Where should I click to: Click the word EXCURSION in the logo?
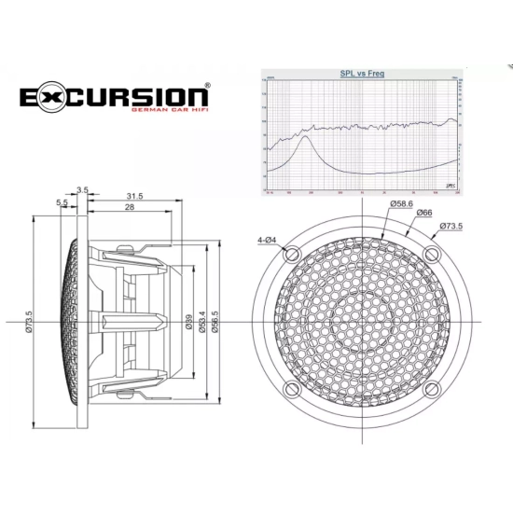coord(114,96)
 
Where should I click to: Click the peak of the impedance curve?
coord(305,139)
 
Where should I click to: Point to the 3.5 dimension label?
coord(83,190)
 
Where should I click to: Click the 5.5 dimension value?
coord(62,202)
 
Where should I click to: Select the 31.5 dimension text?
coord(134,196)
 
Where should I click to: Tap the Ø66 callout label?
coord(423,215)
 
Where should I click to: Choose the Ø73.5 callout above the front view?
coord(451,226)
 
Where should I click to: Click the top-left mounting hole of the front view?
coord(291,255)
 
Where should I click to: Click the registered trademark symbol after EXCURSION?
coord(207,85)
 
